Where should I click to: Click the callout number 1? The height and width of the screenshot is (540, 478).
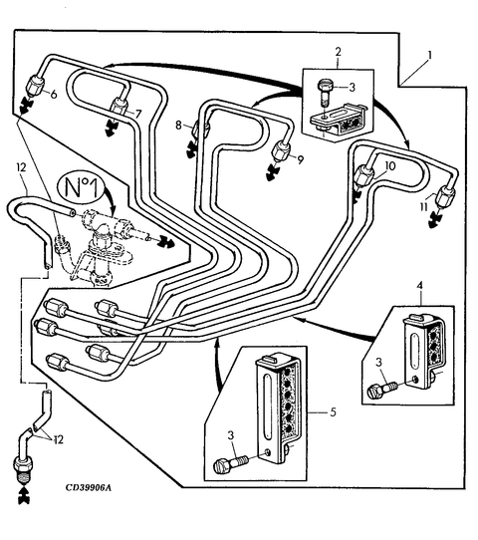pyautogui.click(x=429, y=55)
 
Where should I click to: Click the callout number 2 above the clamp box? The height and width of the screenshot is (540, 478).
pyautogui.click(x=338, y=52)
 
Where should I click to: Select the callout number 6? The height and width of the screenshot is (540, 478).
pyautogui.click(x=54, y=94)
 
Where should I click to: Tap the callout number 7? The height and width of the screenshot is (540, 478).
pyautogui.click(x=138, y=114)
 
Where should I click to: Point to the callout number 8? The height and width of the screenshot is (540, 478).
pyautogui.click(x=178, y=125)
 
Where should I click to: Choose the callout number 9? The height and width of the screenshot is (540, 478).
pyautogui.click(x=301, y=159)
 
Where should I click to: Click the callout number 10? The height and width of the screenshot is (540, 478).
pyautogui.click(x=390, y=166)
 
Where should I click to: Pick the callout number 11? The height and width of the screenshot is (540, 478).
pyautogui.click(x=423, y=207)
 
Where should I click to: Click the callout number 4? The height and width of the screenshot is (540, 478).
pyautogui.click(x=419, y=286)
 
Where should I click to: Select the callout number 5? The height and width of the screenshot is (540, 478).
pyautogui.click(x=333, y=411)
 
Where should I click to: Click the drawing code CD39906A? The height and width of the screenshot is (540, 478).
pyautogui.click(x=89, y=487)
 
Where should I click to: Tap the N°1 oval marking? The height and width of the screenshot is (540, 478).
pyautogui.click(x=81, y=187)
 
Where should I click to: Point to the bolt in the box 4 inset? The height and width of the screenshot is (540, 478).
pyautogui.click(x=382, y=390)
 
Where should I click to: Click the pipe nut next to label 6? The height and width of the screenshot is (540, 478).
pyautogui.click(x=35, y=86)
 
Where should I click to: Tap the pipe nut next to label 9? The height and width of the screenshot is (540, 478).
pyautogui.click(x=281, y=150)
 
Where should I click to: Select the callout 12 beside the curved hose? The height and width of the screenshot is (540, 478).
pyautogui.click(x=21, y=167)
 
